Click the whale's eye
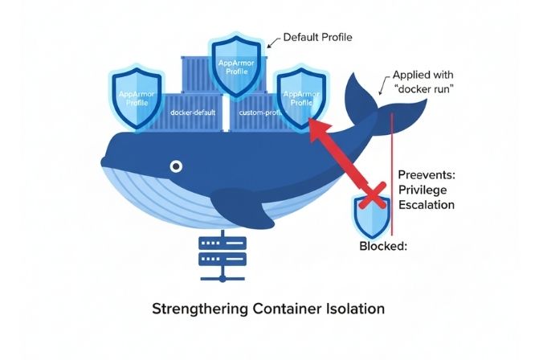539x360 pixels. pos(175,166)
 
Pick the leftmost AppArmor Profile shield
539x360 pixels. pos(135,96)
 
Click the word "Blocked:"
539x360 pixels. pos(383,247)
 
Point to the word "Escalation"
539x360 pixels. pos(427,205)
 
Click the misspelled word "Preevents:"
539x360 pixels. pos(427,174)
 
